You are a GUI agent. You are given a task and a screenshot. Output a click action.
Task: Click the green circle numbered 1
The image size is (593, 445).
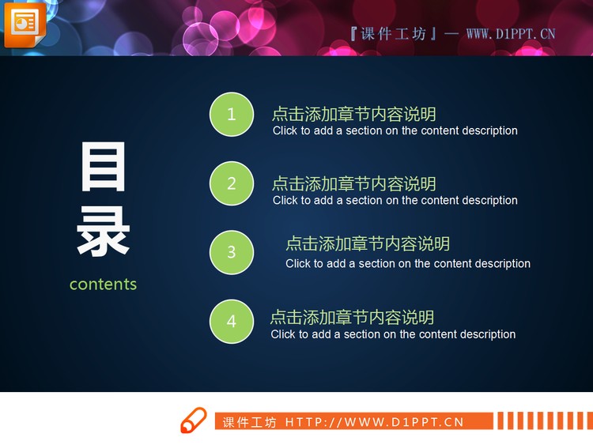pyautogui.click(x=232, y=115)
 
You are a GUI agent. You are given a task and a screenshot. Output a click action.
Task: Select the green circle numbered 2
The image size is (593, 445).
pyautogui.click(x=232, y=183)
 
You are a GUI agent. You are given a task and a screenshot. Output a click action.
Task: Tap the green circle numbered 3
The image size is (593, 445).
pyautogui.click(x=232, y=252)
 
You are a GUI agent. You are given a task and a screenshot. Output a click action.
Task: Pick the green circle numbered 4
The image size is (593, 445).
pyautogui.click(x=232, y=322)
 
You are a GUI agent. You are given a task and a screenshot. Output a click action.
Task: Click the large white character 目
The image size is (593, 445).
pyautogui.click(x=104, y=168)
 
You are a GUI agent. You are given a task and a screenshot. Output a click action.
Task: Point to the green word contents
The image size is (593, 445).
pyautogui.click(x=103, y=284)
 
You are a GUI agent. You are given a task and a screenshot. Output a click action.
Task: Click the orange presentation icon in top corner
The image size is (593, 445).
pyautogui.click(x=25, y=24)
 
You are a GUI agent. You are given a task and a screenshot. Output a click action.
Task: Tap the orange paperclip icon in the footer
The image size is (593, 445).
pyautogui.click(x=193, y=420)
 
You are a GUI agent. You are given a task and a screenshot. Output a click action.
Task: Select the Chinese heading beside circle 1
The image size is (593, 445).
pyautogui.click(x=353, y=114)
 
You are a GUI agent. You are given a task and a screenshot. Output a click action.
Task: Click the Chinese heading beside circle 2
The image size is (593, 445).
pyautogui.click(x=353, y=183)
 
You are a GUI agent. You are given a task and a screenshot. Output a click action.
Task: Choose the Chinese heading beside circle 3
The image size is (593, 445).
pyautogui.click(x=367, y=243)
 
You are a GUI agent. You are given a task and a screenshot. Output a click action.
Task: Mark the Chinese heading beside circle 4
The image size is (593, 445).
pyautogui.click(x=352, y=317)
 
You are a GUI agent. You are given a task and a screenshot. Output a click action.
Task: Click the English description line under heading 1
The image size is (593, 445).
pyautogui.click(x=395, y=130)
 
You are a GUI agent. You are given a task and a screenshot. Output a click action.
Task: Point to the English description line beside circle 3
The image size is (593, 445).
pyautogui.click(x=407, y=263)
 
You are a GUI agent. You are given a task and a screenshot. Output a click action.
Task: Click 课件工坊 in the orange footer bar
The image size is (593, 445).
pyautogui.click(x=249, y=422)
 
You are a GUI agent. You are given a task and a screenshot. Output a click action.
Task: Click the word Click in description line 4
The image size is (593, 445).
pyautogui.click(x=283, y=334)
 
